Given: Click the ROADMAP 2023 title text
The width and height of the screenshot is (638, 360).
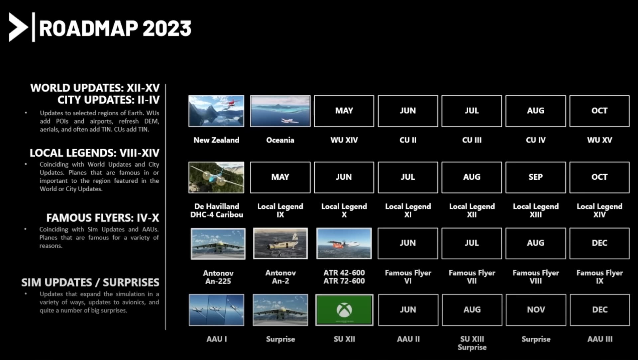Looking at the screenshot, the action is point(115,28).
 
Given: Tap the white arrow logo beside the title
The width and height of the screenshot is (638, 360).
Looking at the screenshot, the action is point(18,27).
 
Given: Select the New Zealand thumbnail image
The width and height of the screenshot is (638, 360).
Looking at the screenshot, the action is point(216,111).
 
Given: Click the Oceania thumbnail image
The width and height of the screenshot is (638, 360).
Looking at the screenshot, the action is point(280,111).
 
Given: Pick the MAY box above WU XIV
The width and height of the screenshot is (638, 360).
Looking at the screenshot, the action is point(344,111).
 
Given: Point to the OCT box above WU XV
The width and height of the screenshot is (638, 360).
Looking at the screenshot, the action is point(599,111).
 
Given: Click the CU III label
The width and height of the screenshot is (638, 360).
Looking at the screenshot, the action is point(472,140).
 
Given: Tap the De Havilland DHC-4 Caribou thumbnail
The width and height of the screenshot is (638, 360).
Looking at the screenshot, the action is point(216,177).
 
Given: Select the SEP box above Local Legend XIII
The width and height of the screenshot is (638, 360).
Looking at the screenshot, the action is point(536,177).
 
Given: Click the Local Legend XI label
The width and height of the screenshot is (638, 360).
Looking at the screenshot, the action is point(408,211).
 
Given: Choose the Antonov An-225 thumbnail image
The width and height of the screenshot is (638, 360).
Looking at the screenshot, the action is point(218,243).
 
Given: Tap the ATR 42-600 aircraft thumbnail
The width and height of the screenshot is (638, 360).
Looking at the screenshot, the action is point(344,243).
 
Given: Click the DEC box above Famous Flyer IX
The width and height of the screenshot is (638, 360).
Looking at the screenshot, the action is point(599,243).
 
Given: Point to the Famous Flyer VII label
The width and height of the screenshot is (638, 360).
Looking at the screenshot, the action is point(472,277).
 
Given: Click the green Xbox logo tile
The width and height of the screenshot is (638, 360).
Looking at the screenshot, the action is point(344,310).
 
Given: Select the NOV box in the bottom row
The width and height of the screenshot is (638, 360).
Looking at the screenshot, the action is point(536,310).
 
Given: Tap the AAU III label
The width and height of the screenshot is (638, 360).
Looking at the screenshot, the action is point(600,339).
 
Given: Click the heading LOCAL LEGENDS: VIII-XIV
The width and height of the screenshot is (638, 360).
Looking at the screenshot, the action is point(95,153).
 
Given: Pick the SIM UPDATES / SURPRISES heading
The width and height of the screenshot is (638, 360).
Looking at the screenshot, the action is point(90,283).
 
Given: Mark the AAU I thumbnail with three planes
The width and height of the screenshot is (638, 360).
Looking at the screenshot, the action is point(216,310).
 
